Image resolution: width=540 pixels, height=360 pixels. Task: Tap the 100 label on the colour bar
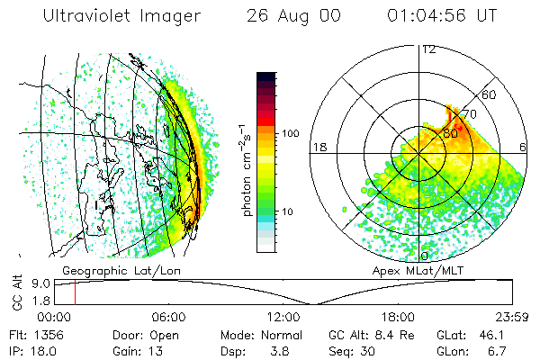point(291,133)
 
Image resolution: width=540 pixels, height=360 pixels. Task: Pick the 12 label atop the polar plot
point(429,49)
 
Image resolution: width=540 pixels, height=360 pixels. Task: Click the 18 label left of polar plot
point(318,147)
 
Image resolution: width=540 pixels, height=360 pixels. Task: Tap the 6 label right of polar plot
point(524,147)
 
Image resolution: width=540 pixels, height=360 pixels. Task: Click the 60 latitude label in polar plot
point(490,94)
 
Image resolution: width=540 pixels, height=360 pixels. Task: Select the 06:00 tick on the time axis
point(168,316)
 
